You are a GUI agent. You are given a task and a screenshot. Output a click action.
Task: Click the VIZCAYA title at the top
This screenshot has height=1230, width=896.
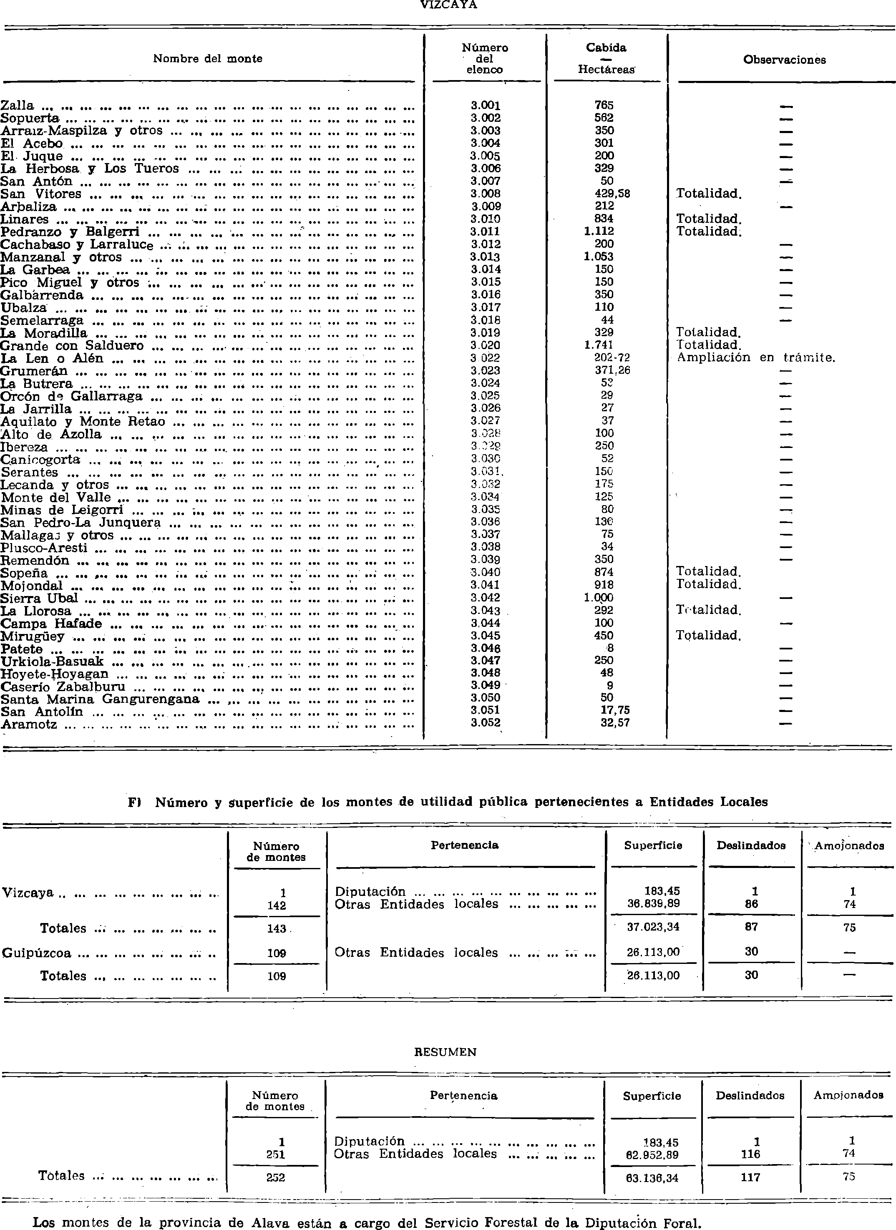click(448, 5)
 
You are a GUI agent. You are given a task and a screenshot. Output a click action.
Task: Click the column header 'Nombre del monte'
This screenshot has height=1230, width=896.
click(207, 58)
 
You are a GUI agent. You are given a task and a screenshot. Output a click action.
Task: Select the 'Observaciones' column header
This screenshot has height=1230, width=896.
click(784, 60)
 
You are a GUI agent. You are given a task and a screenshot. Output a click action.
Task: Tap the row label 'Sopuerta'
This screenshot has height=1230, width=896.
click(30, 118)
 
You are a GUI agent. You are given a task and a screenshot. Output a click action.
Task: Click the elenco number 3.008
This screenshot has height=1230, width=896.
click(486, 194)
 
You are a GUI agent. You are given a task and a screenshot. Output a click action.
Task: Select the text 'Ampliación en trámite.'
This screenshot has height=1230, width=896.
click(755, 357)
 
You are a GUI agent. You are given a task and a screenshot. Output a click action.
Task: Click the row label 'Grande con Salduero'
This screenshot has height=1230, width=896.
click(72, 345)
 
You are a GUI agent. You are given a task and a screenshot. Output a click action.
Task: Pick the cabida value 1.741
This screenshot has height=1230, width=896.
click(598, 345)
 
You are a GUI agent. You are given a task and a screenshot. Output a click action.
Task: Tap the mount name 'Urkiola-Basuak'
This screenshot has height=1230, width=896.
click(52, 661)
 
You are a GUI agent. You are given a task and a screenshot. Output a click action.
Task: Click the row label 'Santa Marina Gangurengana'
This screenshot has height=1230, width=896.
click(100, 699)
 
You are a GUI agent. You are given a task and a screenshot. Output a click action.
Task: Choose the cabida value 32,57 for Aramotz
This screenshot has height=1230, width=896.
click(614, 723)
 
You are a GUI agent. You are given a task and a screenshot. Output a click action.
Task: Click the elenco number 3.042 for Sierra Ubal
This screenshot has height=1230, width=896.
click(486, 598)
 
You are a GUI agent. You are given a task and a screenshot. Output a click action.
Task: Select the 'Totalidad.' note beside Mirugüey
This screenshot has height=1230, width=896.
click(708, 635)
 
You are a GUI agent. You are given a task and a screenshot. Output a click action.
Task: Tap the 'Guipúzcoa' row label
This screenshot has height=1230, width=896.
click(36, 953)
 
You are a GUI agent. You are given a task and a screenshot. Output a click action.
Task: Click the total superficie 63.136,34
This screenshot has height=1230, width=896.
click(652, 1178)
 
